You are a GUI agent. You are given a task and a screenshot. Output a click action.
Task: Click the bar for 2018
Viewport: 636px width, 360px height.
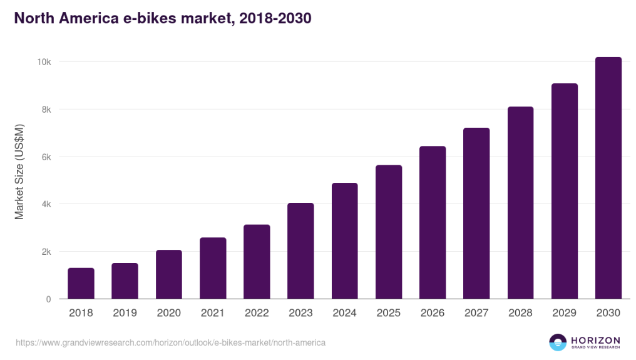(81, 284)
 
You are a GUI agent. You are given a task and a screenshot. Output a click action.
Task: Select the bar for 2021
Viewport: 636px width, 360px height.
(213, 269)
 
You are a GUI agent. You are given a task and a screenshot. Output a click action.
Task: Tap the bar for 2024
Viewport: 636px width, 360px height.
(344, 241)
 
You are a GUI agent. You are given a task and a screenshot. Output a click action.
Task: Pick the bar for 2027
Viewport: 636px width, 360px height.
(476, 213)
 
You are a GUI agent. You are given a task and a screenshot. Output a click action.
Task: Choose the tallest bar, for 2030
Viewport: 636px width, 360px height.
(608, 178)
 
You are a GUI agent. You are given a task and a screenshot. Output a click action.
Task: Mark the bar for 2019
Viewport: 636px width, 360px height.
(125, 281)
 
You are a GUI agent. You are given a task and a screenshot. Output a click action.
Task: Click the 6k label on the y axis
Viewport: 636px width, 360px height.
(45, 157)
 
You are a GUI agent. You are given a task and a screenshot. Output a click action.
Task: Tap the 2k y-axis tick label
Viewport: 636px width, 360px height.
(45, 252)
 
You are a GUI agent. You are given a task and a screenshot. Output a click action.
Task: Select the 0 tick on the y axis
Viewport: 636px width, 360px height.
(48, 299)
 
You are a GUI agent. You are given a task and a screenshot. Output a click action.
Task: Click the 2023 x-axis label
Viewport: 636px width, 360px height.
(300, 313)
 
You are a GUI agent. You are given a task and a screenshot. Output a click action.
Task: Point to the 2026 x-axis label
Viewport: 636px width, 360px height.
(433, 313)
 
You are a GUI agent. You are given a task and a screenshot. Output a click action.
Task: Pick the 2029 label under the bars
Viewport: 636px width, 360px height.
(564, 313)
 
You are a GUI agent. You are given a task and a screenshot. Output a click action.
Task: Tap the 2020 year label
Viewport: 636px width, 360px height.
(169, 313)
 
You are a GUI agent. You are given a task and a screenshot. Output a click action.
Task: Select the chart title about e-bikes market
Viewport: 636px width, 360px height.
(163, 19)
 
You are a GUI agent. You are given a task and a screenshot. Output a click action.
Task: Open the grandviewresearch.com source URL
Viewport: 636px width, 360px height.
(170, 343)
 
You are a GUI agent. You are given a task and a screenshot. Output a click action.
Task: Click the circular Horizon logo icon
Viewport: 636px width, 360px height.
(557, 342)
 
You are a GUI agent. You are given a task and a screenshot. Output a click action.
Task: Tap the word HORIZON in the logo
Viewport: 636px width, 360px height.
(595, 339)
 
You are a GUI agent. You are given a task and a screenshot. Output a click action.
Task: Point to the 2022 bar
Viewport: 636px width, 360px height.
(257, 262)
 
